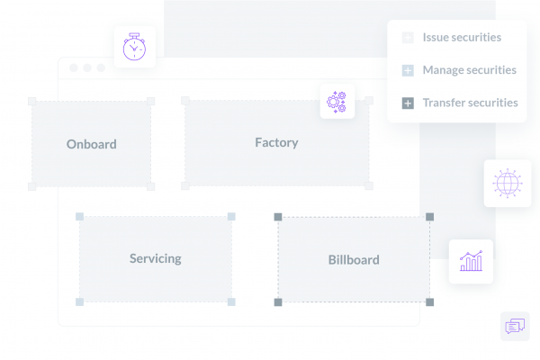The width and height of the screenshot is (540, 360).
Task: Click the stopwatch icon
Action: pos(134,47)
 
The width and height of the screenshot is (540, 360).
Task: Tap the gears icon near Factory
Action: pos(337,102)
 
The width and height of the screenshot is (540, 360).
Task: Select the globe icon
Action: pos(508,184)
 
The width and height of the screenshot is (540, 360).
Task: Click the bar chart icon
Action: pos(471,261)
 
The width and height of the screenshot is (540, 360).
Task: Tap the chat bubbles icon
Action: pos(515,326)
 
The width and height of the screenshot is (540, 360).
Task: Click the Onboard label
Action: pos(91,144)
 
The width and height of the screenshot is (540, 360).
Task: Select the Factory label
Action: pos(276,142)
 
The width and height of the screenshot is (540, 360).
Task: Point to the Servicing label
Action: pos(156,258)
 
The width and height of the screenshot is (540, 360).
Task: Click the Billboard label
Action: pos(354,260)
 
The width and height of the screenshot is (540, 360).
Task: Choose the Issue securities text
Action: pos(462,37)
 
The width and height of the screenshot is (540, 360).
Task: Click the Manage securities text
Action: pos(470,70)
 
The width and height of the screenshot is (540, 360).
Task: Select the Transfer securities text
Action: pos(470,103)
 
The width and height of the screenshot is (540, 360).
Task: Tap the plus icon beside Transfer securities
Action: pos(408,103)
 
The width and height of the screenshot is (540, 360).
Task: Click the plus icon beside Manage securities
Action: pos(408,70)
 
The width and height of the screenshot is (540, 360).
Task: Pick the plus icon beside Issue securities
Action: pos(408,38)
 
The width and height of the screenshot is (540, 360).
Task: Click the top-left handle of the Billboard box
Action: pos(278,217)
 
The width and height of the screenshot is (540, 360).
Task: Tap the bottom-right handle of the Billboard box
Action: pos(430,302)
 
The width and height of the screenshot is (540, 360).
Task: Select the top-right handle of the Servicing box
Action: pos(231,216)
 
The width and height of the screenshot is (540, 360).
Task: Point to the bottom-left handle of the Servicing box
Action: pos(79,302)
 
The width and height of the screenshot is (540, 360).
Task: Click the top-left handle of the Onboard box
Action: pos(32,101)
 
